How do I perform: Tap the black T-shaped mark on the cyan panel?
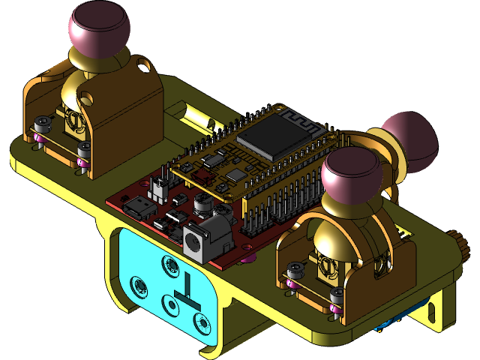[x=183, y=289]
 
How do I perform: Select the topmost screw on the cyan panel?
[x=169, y=263]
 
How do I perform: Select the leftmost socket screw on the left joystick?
[x=43, y=122]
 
